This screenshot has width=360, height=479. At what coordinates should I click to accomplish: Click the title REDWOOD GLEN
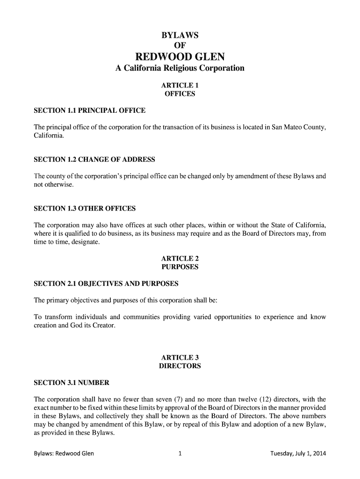click(x=180, y=57)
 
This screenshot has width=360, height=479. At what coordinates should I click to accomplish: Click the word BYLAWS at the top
click(x=180, y=36)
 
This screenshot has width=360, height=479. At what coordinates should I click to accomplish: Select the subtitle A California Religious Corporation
click(x=180, y=69)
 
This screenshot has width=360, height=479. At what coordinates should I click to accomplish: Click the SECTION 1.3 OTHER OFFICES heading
click(x=85, y=208)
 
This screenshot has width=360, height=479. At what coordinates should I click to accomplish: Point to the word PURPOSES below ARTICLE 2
click(x=180, y=267)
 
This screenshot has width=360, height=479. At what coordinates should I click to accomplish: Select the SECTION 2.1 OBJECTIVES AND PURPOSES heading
click(x=106, y=284)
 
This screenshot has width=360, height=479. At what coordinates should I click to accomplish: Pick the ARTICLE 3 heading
click(x=180, y=358)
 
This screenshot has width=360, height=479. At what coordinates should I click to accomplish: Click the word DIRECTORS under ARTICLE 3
click(x=180, y=366)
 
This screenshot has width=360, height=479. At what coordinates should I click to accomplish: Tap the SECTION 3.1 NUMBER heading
click(x=72, y=383)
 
